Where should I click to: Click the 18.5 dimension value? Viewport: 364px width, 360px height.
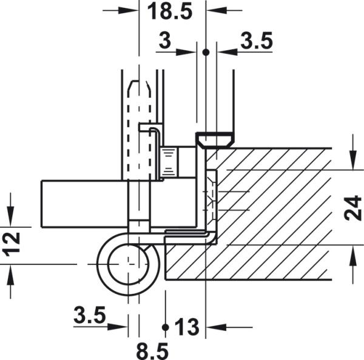[172, 11]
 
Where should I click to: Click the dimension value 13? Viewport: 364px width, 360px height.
[187, 328]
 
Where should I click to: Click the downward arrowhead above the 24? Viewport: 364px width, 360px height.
[354, 162]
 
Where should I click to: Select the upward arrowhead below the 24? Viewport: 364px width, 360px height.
[354, 253]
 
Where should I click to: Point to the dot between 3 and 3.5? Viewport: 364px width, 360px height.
[206, 53]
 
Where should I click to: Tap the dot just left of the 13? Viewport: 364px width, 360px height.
[165, 327]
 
